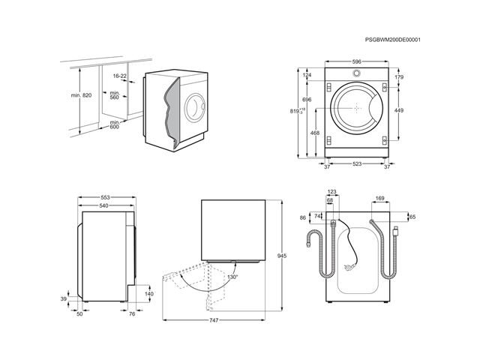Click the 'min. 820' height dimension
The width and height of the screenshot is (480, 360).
[82, 96]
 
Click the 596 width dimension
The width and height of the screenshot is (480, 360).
[358, 62]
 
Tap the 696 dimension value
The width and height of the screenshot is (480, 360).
[307, 100]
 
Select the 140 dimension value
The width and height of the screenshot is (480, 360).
[148, 294]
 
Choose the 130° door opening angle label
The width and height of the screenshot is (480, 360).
[232, 277]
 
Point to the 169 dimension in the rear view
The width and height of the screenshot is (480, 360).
[380, 199]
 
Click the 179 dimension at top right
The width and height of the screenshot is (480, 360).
[399, 77]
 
